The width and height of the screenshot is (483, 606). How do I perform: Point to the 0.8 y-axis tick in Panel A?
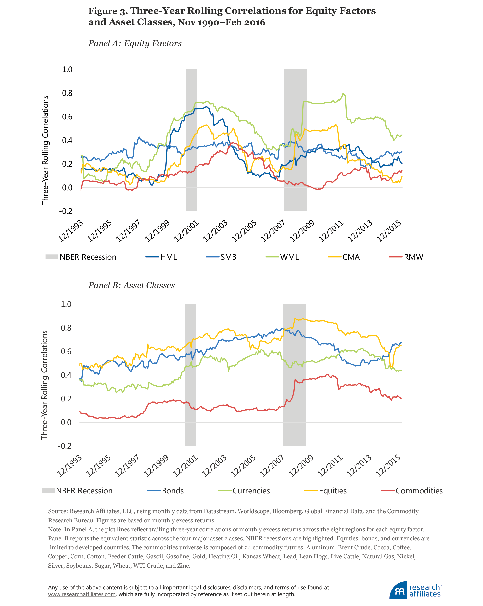(x=67, y=93)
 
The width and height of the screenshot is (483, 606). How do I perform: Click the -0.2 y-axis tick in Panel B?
(x=64, y=446)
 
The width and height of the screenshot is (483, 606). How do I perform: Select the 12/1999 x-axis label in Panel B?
(x=156, y=466)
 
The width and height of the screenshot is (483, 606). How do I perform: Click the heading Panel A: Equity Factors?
(x=135, y=43)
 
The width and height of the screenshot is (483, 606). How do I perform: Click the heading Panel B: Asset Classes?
(x=131, y=285)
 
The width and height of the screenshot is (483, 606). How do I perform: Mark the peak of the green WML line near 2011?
(x=343, y=94)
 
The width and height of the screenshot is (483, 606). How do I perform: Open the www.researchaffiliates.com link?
(x=82, y=594)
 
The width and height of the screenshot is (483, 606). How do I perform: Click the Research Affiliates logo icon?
(x=398, y=590)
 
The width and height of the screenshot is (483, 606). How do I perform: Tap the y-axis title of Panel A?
(x=45, y=150)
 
